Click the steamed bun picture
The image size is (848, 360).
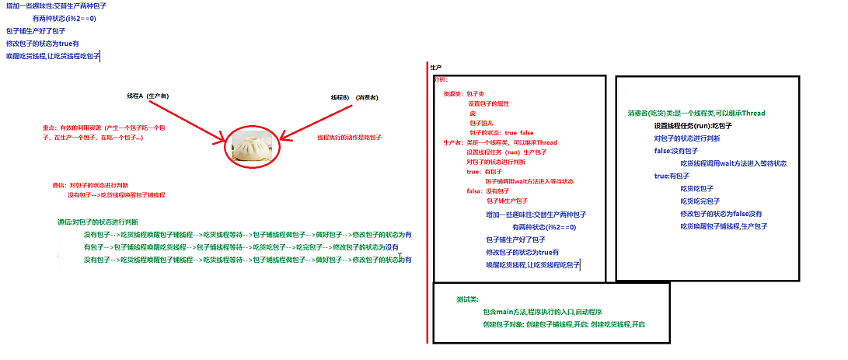[x=251, y=145]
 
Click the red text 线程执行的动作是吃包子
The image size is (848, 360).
[x=349, y=138]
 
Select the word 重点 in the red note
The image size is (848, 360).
[x=49, y=128]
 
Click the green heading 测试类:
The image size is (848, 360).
[x=468, y=299]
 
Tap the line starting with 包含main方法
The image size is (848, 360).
[x=536, y=311]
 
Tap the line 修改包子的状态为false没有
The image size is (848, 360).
[x=721, y=213]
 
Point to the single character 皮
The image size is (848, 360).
[x=473, y=114]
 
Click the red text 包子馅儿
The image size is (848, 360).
[x=482, y=123]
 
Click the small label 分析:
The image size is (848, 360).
[x=440, y=80]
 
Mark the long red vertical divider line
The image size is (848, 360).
[x=427, y=202]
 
